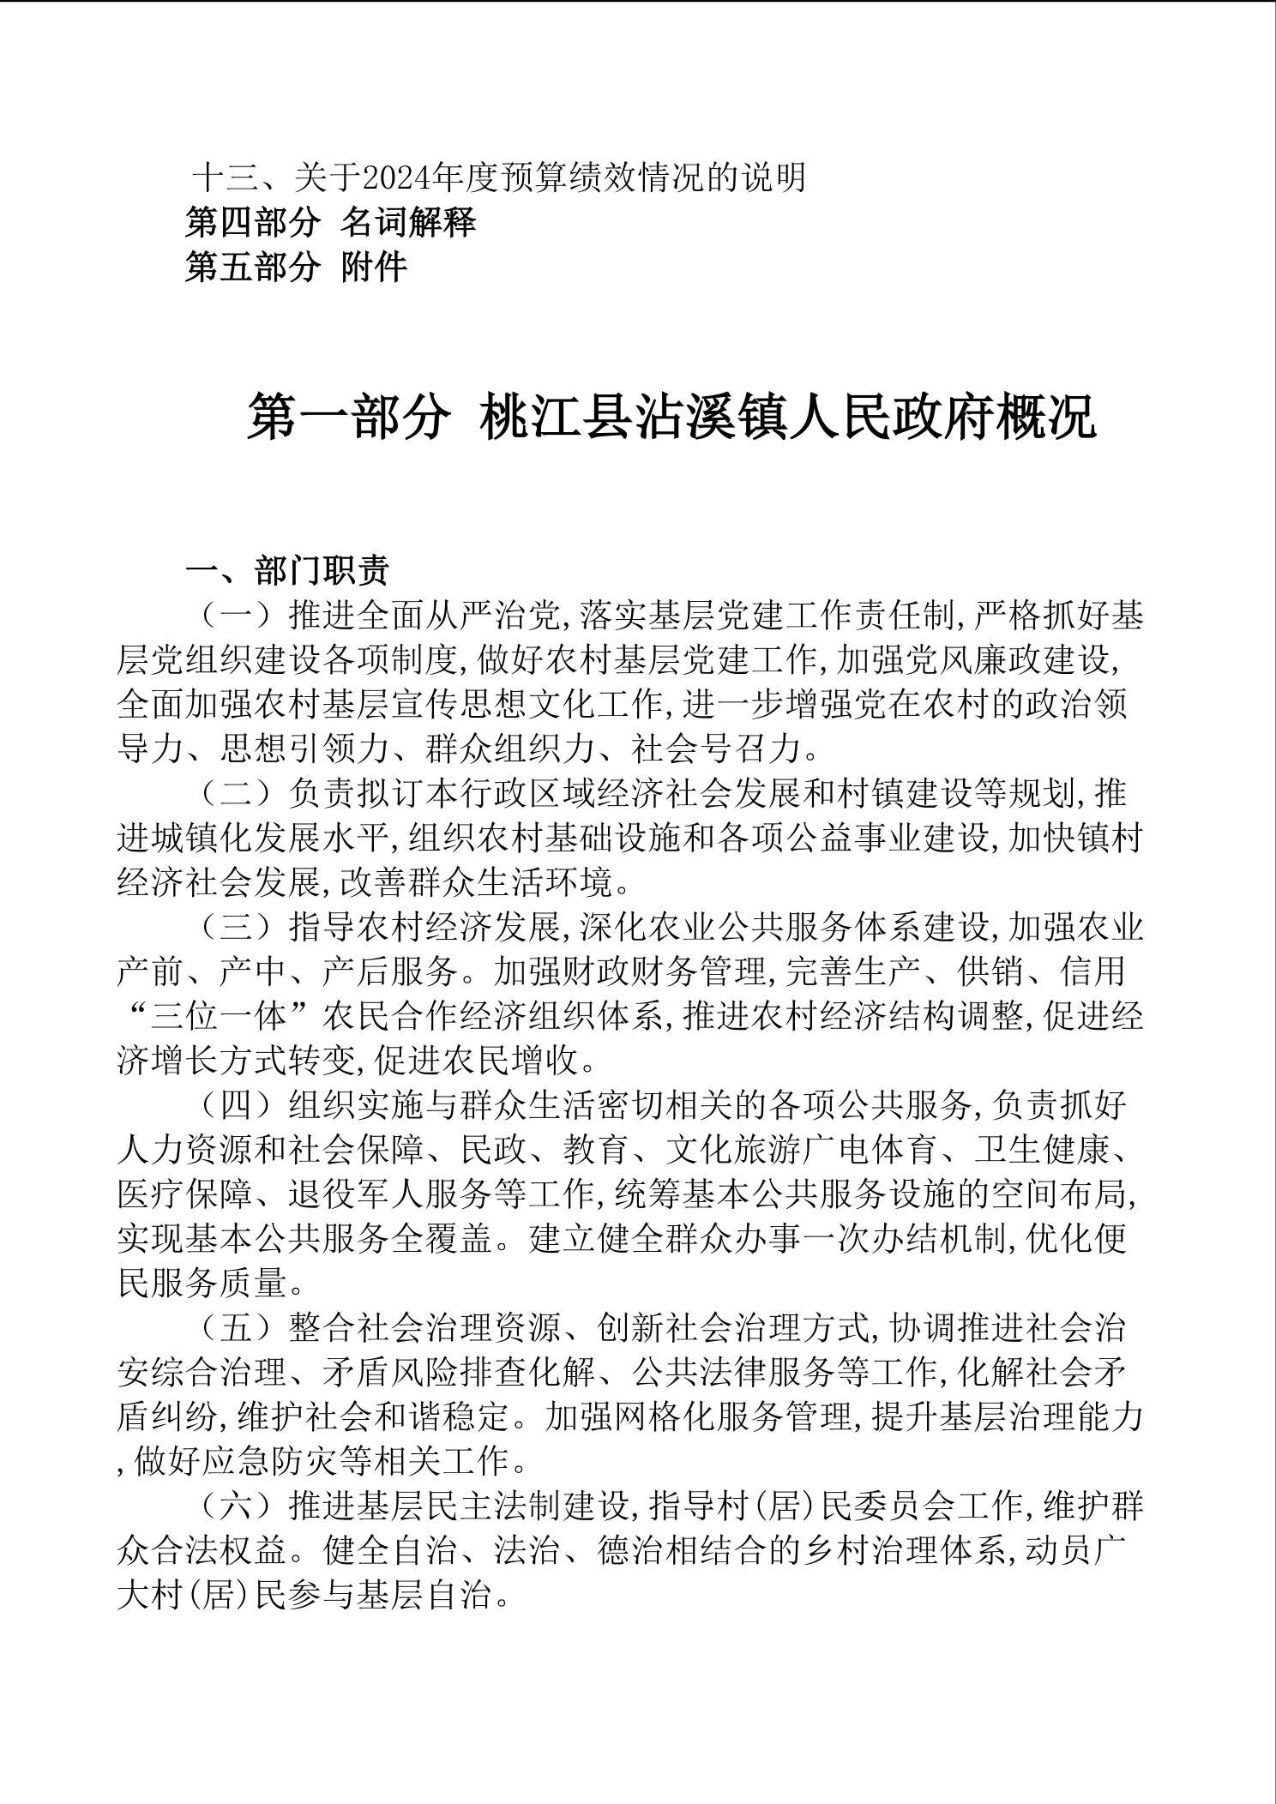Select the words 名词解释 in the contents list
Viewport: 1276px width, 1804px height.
tap(407, 224)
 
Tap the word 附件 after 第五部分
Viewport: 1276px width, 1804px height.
tap(373, 268)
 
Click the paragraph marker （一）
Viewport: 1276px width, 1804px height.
tap(237, 616)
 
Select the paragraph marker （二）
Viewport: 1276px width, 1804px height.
tap(237, 794)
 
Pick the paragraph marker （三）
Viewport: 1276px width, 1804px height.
tap(237, 928)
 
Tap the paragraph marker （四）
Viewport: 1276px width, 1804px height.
tap(237, 1106)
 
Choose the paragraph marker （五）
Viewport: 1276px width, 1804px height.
tap(237, 1329)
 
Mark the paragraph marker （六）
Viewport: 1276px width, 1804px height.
tap(237, 1507)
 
